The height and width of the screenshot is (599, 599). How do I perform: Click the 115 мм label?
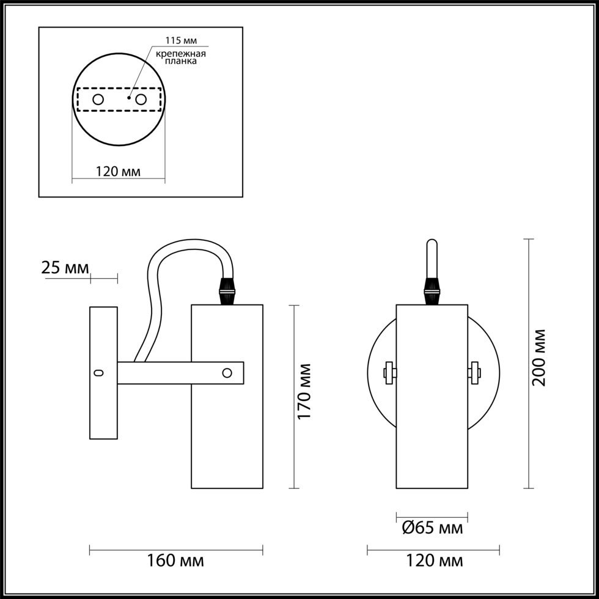click(181, 40)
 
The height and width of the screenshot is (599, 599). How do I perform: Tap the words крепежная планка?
click(181, 57)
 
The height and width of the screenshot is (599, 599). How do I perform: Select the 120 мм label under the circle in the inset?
click(118, 172)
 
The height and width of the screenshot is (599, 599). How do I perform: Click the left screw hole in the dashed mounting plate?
click(98, 100)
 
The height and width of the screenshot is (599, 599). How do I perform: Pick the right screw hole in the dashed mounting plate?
click(141, 100)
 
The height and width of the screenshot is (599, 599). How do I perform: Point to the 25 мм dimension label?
click(65, 268)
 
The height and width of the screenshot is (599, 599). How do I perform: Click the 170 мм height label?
click(304, 391)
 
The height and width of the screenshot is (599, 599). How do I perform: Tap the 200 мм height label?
click(539, 358)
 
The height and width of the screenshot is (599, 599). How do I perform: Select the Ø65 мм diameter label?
click(433, 528)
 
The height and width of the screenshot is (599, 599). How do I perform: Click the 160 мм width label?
click(176, 561)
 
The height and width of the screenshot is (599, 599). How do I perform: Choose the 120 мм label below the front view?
click(434, 561)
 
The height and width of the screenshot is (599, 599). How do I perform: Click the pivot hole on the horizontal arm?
click(227, 373)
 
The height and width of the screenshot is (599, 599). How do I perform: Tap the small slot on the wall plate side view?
click(99, 373)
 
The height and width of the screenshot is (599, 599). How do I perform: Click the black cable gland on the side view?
click(227, 291)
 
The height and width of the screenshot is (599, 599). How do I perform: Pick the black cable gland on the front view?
click(432, 291)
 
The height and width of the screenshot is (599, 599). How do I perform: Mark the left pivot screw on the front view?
click(390, 373)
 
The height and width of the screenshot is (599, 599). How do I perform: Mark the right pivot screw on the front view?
click(474, 373)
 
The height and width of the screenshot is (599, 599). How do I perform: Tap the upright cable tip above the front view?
click(432, 258)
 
